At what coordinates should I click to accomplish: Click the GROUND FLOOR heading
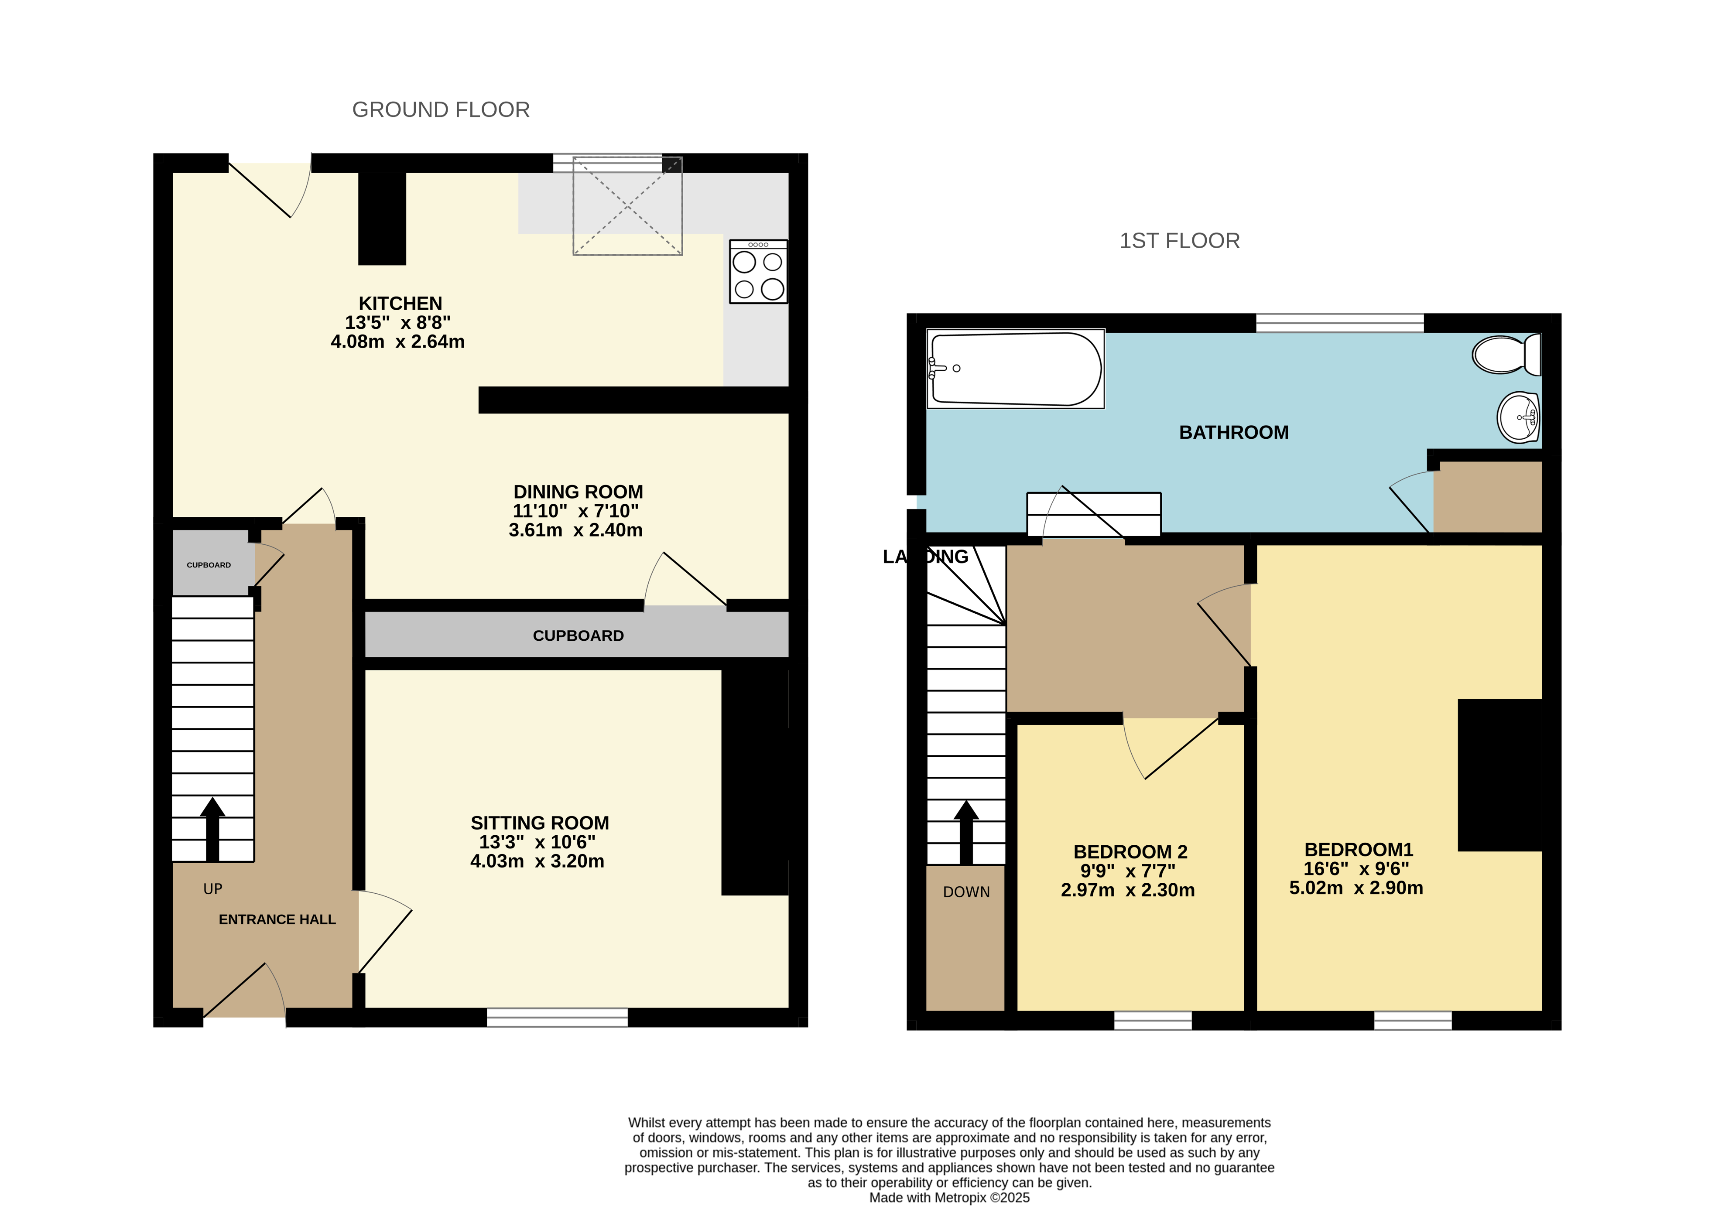(441, 110)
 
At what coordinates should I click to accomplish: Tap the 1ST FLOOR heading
(1179, 240)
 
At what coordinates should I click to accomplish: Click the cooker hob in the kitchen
(758, 271)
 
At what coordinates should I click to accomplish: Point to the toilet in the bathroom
(1506, 354)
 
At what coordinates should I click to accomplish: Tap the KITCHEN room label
(401, 303)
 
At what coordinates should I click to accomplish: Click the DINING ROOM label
(578, 492)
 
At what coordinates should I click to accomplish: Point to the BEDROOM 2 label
(1130, 851)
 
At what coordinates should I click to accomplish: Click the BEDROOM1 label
(1359, 849)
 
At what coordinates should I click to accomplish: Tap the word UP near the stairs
(213, 888)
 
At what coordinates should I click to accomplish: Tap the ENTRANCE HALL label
(277, 919)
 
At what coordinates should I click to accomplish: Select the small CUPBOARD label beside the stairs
(209, 565)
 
